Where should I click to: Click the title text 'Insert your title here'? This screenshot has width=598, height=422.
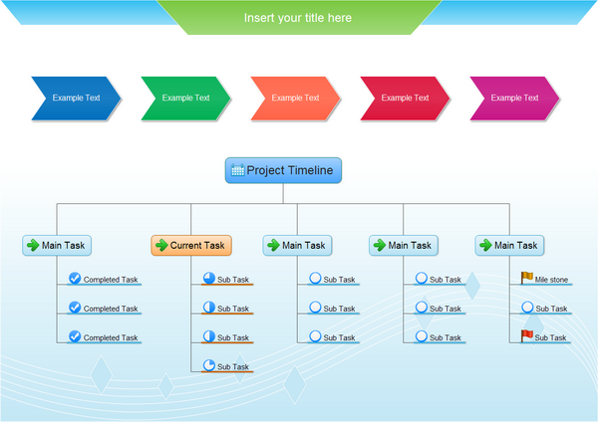(297, 18)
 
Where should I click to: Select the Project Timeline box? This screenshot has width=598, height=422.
(283, 170)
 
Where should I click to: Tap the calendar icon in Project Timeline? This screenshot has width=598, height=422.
(237, 170)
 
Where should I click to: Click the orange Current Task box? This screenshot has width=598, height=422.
(191, 245)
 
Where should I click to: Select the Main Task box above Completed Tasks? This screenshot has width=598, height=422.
(56, 245)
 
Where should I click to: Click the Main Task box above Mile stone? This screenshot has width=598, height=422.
(508, 245)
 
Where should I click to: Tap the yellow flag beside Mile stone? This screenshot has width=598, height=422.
(526, 279)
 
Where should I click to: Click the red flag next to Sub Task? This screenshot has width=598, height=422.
(526, 336)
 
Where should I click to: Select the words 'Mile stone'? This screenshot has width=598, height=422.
(551, 280)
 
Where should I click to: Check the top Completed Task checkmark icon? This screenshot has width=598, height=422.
(75, 279)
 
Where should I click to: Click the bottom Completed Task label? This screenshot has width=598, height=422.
(110, 337)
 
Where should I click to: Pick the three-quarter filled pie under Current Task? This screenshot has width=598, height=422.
(209, 279)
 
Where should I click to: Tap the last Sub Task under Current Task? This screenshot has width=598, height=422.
(233, 367)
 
